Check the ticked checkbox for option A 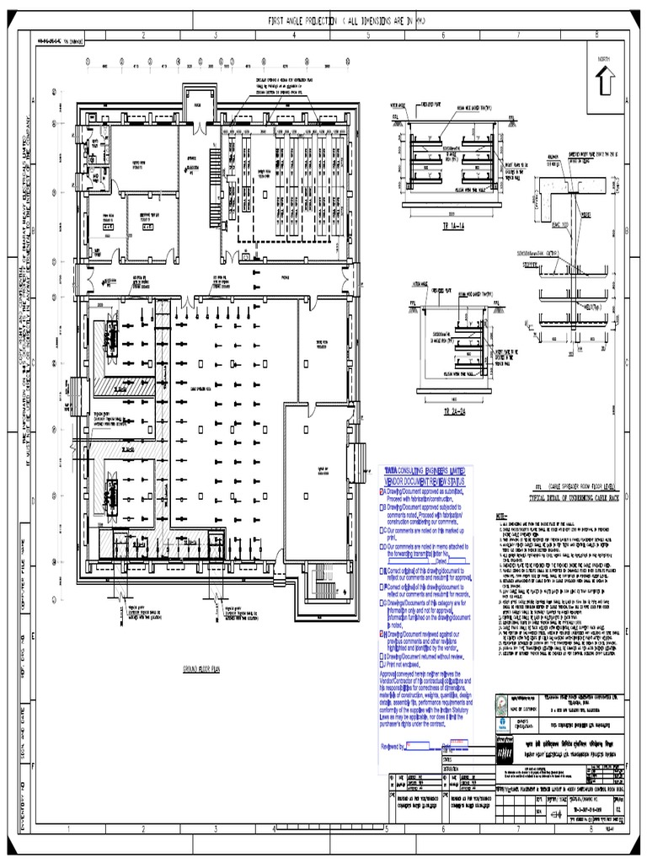(x=382, y=490)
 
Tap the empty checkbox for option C (x=382, y=530)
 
